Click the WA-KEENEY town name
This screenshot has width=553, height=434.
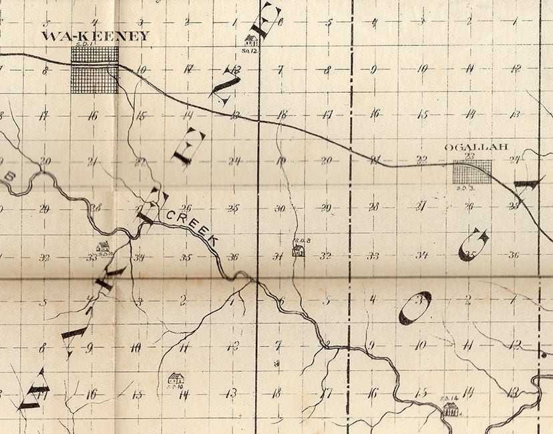pos(95,36)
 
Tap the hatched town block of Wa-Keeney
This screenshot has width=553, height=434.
pos(95,69)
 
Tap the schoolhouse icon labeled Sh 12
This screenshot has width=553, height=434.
pos(252,40)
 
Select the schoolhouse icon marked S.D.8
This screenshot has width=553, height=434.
pos(299,250)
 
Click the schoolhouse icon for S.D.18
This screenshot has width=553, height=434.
pos(102,246)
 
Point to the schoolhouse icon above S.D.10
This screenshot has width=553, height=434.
pos(175,378)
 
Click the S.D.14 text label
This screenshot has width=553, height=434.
pos(449,399)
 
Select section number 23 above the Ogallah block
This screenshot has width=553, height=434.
pos(470,156)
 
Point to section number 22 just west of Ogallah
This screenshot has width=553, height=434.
pos(421,159)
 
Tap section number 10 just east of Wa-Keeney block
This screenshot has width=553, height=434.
pos(141,69)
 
